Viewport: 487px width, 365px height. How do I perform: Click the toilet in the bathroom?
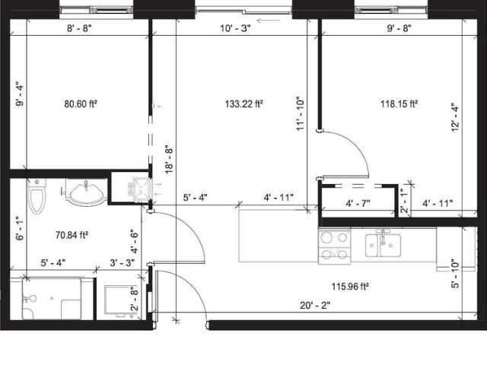(35, 200)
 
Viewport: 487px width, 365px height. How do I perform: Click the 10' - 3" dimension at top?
(234, 30)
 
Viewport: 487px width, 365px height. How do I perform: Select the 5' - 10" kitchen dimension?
(455, 274)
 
